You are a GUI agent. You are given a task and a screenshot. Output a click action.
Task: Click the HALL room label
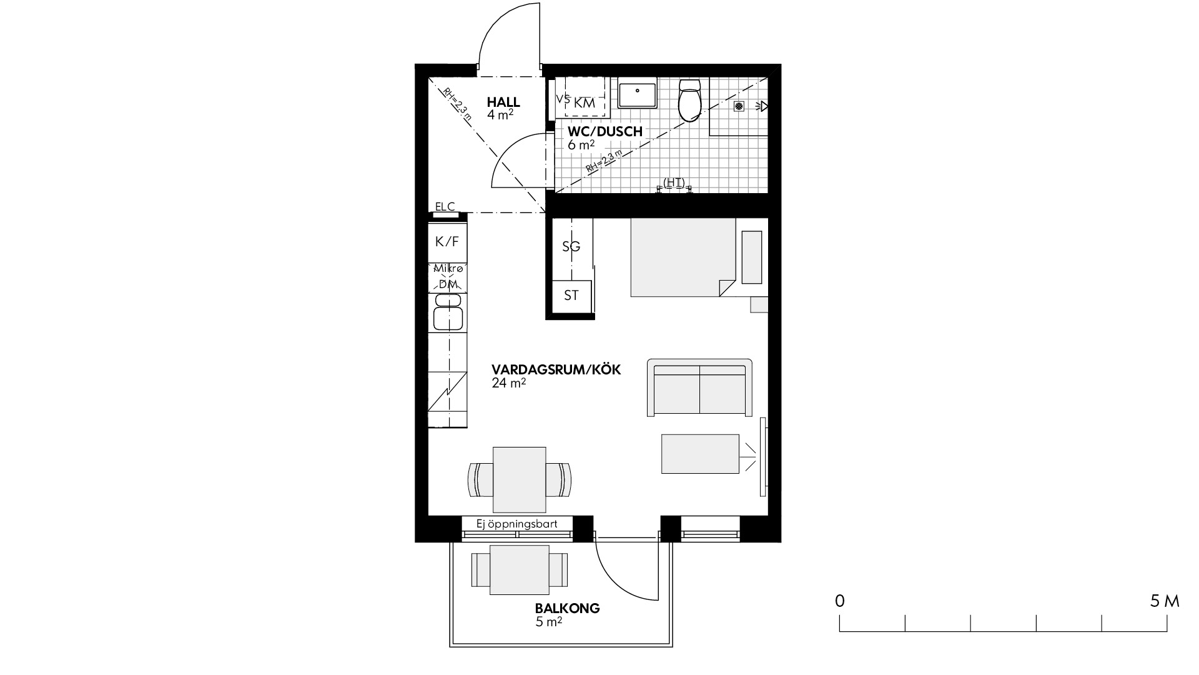pyautogui.click(x=503, y=102)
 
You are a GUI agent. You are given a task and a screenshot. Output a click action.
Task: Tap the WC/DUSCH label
pyautogui.click(x=604, y=132)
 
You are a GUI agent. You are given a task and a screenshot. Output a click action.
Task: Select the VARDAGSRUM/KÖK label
pyautogui.click(x=556, y=369)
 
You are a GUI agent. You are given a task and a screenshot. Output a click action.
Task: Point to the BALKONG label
pyautogui.click(x=567, y=608)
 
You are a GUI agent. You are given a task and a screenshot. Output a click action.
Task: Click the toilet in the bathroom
pyautogui.click(x=691, y=100)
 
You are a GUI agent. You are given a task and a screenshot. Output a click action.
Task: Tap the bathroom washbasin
pyautogui.click(x=637, y=95)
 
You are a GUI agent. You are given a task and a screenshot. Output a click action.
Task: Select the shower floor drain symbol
pyautogui.click(x=739, y=106)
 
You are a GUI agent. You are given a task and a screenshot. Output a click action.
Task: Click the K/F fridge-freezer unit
pyautogui.click(x=447, y=241)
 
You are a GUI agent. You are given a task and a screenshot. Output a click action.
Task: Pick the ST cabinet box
pyautogui.click(x=571, y=296)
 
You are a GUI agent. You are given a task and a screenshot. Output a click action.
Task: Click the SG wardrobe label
pyautogui.click(x=571, y=246)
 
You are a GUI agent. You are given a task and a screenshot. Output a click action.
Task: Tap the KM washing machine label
pyautogui.click(x=585, y=103)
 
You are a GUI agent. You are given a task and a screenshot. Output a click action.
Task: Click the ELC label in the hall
pyautogui.click(x=445, y=206)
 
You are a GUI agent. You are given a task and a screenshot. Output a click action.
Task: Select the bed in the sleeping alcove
pyautogui.click(x=683, y=257)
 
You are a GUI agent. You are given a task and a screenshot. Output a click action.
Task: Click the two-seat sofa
pyautogui.click(x=699, y=387)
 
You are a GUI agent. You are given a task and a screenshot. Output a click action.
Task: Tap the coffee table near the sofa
pyautogui.click(x=700, y=454)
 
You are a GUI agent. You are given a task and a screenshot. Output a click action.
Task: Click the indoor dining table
pyautogui.click(x=519, y=479)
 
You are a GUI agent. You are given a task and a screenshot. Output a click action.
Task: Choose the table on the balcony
pyautogui.click(x=520, y=570)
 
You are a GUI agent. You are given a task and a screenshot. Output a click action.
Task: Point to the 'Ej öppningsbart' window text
pyautogui.click(x=516, y=524)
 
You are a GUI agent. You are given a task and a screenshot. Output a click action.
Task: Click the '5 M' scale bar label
pyautogui.click(x=1165, y=601)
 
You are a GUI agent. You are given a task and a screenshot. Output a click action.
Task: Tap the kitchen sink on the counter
pyautogui.click(x=448, y=312)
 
